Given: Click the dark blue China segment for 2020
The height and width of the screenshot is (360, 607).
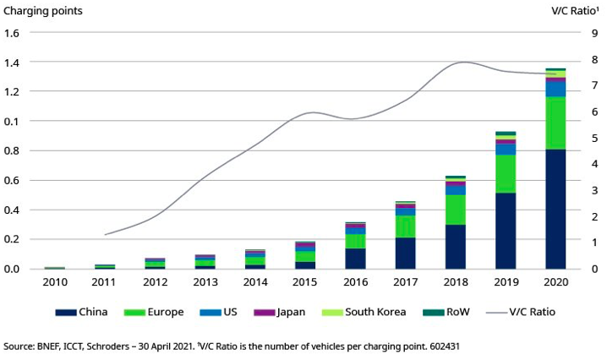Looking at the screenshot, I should [555, 209].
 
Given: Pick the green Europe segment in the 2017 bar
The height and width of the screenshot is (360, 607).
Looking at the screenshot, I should [406, 226].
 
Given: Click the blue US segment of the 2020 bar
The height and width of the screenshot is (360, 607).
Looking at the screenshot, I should [555, 88].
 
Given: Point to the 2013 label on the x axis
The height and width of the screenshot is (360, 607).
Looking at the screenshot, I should [205, 282].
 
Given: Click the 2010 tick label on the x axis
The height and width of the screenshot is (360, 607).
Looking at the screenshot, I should [55, 282].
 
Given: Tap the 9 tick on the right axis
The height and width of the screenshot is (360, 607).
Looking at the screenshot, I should [595, 33].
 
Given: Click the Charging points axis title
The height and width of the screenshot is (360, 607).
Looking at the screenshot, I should [46, 11].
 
